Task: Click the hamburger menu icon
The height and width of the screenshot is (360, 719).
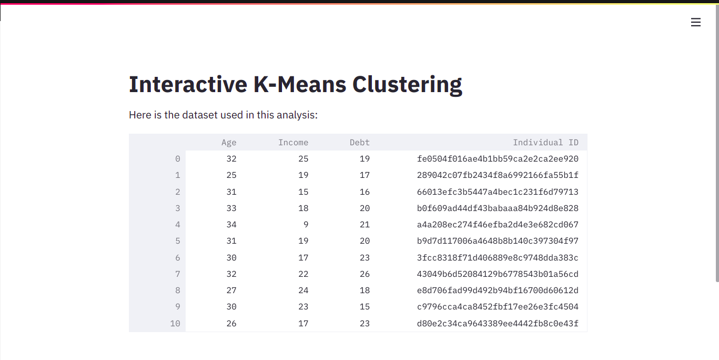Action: click(695, 22)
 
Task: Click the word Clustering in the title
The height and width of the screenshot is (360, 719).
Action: click(407, 85)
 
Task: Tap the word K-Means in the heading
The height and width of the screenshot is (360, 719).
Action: click(300, 84)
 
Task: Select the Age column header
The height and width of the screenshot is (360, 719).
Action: click(229, 143)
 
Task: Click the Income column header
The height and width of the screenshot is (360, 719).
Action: click(293, 143)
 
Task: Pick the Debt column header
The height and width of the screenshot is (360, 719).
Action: click(360, 143)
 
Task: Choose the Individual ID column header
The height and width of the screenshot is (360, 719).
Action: click(545, 143)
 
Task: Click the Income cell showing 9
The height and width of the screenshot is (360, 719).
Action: click(306, 225)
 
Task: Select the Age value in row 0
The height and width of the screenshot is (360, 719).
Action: click(231, 158)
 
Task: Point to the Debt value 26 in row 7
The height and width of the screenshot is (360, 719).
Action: click(364, 274)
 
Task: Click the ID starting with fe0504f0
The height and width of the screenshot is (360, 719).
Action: click(498, 158)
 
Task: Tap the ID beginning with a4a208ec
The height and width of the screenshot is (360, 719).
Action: click(498, 225)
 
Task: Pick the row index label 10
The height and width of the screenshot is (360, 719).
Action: click(175, 323)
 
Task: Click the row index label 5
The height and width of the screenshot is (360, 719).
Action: click(177, 241)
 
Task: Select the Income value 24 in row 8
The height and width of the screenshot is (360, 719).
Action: click(303, 291)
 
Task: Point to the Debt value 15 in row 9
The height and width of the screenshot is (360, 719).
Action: click(364, 307)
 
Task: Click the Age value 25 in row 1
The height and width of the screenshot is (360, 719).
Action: click(231, 175)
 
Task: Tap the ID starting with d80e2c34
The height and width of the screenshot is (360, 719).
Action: click(498, 323)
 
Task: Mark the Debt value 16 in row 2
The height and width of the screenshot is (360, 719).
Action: click(364, 192)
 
